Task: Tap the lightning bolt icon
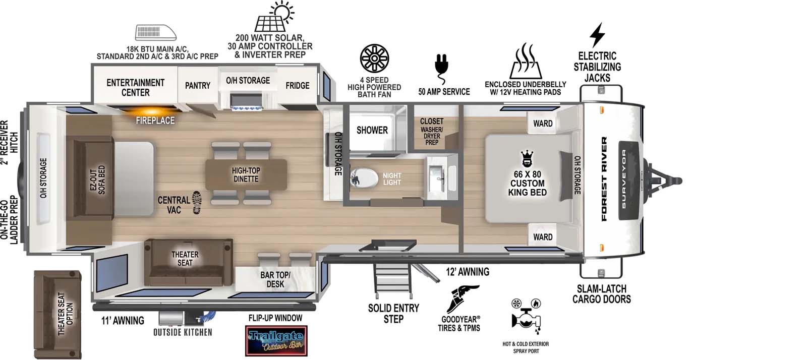[x=597, y=35]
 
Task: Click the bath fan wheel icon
[x=374, y=59]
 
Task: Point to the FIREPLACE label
[x=155, y=121]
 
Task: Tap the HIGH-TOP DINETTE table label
[x=246, y=174]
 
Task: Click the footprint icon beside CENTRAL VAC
[x=196, y=203]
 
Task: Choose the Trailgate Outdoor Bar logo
[x=275, y=340]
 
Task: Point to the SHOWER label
[x=372, y=130]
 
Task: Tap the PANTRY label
[x=197, y=86]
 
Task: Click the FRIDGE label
[x=297, y=86]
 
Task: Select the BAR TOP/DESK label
[x=275, y=279]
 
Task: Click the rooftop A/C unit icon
[x=156, y=32]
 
